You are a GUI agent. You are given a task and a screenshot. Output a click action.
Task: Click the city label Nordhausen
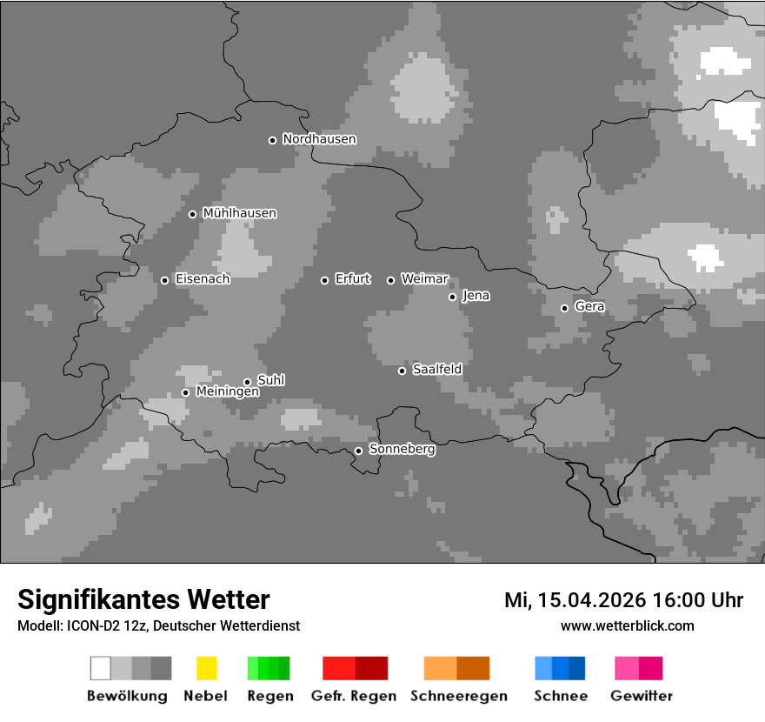(x=319, y=139)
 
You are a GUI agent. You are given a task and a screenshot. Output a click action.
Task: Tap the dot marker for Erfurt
(x=324, y=280)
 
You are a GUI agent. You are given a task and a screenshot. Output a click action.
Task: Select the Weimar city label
(x=424, y=279)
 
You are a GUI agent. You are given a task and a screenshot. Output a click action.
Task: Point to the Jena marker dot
(x=452, y=297)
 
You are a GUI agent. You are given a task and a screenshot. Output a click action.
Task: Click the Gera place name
(x=589, y=307)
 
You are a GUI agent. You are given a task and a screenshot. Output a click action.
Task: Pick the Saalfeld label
(x=436, y=370)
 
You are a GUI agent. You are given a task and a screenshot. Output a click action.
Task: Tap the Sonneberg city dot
(x=358, y=451)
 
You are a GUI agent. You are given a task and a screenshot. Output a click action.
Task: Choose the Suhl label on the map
(x=271, y=380)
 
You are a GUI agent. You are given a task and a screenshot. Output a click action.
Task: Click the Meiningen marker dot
(x=185, y=392)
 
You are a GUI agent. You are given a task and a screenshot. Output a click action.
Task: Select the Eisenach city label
(x=203, y=279)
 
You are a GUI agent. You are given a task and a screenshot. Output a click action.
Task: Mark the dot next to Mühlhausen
(x=192, y=214)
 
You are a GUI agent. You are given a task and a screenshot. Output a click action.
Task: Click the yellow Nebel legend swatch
(x=206, y=668)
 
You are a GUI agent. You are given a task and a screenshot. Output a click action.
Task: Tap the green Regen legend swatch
(x=269, y=668)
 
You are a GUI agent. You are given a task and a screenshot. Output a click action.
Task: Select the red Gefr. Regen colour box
(x=355, y=668)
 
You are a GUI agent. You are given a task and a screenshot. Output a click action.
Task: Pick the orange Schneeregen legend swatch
(x=456, y=668)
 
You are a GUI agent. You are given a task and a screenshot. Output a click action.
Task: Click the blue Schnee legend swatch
(x=560, y=668)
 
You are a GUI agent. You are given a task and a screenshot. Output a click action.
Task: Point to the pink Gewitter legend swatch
(x=638, y=668)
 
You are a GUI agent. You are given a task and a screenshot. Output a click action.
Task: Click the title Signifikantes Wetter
(x=143, y=600)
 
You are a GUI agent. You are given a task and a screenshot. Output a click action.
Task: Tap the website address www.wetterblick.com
(x=627, y=625)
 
